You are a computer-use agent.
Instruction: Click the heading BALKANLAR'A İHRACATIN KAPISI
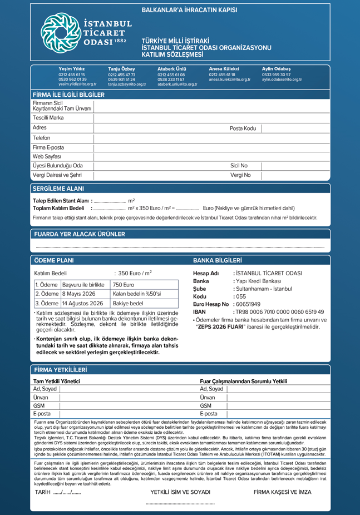tap(189, 10)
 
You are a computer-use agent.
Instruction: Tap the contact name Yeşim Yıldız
tap(71, 68)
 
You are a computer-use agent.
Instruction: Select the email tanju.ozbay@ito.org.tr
tap(127, 84)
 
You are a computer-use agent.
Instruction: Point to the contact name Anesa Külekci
tap(224, 68)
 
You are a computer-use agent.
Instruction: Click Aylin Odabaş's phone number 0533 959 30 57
tap(276, 75)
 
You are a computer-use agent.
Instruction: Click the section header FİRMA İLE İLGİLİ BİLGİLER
tap(68, 95)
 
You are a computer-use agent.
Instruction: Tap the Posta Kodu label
tap(243, 128)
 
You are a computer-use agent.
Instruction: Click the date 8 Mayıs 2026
tap(79, 294)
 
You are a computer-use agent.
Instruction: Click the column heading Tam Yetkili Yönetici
tap(57, 381)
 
